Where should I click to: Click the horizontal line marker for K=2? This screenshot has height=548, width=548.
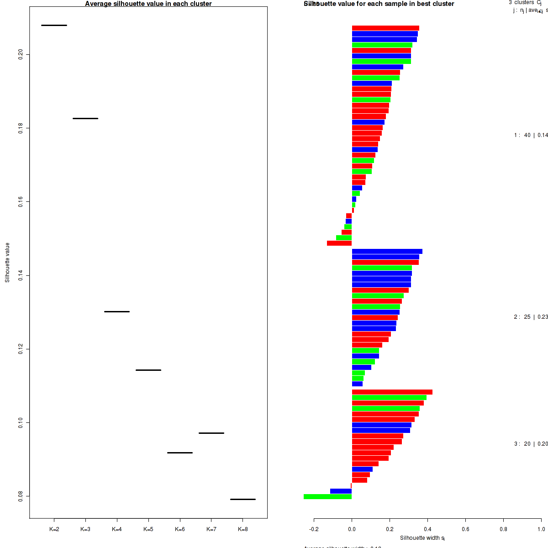(54, 25)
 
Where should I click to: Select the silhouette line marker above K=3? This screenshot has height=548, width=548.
(85, 118)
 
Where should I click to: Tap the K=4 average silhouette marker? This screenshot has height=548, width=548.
(117, 311)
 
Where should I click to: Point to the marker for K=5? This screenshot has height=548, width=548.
(148, 370)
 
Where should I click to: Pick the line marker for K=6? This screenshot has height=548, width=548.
(180, 453)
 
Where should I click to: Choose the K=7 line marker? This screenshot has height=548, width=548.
(211, 433)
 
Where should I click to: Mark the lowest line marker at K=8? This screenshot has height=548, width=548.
(243, 499)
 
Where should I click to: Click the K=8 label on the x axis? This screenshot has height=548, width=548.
(243, 529)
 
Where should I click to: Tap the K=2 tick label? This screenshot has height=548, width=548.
(54, 529)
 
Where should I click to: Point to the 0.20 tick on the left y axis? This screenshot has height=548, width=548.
(21, 55)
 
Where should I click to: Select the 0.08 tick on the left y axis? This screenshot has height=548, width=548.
(21, 496)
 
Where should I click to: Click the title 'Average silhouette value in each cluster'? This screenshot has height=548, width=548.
(148, 4)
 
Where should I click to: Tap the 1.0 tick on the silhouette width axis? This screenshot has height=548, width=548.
(541, 529)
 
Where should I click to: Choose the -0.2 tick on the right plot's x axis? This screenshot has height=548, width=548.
(314, 529)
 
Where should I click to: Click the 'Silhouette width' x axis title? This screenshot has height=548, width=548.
(422, 538)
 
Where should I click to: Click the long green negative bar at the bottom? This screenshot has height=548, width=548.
(327, 497)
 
